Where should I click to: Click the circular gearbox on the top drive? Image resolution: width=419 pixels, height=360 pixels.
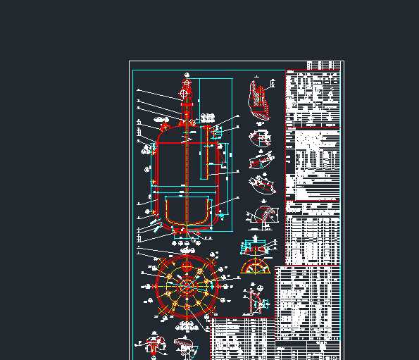(x=185, y=92)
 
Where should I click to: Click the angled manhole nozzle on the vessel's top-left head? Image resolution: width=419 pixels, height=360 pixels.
(x=165, y=128)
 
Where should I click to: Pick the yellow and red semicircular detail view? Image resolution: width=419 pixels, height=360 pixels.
(x=255, y=267)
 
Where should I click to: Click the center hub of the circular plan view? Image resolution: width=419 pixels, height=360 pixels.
(x=187, y=286)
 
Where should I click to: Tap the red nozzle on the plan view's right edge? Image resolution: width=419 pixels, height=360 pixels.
(x=219, y=286)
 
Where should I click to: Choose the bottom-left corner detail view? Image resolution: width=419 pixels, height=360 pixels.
(x=154, y=346)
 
